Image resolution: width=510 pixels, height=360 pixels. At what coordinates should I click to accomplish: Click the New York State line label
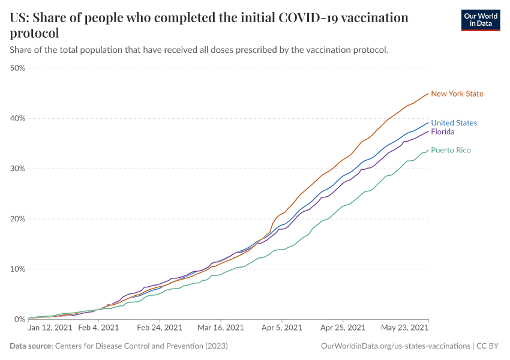457,94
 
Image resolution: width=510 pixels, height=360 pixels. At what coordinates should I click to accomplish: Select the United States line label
454,123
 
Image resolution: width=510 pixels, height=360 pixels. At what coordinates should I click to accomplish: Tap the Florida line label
443,132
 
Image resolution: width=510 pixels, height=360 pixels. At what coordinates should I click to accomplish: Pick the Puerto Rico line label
451,150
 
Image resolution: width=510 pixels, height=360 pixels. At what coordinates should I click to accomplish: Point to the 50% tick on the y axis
17,68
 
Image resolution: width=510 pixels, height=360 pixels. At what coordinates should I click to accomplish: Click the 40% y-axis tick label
17,118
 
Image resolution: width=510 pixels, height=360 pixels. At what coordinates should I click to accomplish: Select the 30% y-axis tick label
17,169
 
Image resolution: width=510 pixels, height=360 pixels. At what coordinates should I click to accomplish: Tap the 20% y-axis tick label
17,219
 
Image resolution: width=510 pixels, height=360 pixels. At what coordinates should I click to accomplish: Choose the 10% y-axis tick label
17,269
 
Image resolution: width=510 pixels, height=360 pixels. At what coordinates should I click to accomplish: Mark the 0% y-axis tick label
20,319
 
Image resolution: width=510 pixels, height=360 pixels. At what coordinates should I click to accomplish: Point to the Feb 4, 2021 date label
98,328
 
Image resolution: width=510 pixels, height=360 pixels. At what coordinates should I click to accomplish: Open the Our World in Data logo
480,20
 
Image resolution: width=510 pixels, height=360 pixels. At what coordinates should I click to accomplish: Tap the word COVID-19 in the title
314,17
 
